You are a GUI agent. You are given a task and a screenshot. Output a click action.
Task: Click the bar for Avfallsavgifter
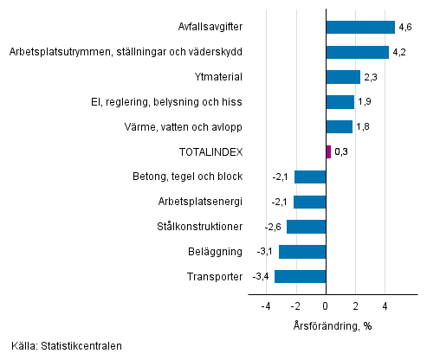click(360, 28)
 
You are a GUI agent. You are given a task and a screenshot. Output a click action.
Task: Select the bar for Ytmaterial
click(343, 77)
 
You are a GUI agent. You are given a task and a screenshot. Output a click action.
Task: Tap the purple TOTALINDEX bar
click(328, 152)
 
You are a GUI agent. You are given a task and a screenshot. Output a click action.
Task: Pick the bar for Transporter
click(301, 277)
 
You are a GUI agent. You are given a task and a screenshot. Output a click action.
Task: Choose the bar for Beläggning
click(302, 252)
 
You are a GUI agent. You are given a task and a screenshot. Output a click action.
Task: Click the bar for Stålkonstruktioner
click(307, 227)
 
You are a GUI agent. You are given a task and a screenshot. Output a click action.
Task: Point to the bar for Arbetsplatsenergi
click(310, 202)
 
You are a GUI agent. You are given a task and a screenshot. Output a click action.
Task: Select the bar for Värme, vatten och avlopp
click(340, 127)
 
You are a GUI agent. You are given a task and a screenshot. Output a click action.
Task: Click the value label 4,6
click(404, 28)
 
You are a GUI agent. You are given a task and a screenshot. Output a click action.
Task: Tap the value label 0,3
click(341, 152)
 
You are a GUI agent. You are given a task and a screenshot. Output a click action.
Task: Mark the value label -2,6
click(273, 227)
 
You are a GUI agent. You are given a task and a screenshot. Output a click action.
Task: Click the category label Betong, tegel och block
click(189, 177)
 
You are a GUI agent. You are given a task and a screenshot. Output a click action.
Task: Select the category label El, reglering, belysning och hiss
click(172, 102)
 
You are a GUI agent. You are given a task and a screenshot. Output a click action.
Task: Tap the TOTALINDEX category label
click(210, 152)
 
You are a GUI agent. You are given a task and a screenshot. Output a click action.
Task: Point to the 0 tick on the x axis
click(326, 306)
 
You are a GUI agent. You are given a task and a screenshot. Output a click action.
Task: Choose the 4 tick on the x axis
click(385, 306)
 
